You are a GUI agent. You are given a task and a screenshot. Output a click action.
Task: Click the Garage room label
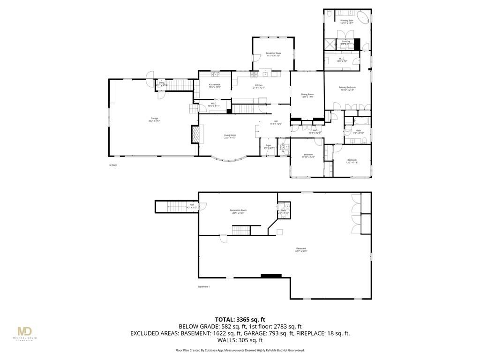coord(154,120)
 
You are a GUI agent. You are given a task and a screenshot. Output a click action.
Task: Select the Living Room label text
coord(230,136)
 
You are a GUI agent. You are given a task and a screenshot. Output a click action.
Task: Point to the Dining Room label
coord(307,96)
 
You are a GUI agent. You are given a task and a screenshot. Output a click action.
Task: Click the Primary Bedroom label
coord(348,89)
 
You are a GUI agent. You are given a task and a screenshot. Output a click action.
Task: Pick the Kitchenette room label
coord(214,86)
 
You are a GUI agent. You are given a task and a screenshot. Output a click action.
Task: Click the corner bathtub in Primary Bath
coord(362,19)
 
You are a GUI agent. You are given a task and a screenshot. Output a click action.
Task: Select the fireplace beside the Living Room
coord(195,135)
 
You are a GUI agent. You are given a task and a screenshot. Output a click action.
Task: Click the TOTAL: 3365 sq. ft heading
coord(240,318)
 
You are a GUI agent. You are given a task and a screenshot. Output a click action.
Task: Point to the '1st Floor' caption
coord(112,165)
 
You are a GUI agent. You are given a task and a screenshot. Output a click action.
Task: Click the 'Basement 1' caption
coord(203,286)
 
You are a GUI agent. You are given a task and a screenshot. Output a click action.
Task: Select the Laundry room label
coord(346,43)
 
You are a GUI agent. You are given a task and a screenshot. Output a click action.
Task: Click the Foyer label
coord(269,147)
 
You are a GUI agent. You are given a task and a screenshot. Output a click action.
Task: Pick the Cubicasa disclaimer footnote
coord(240,350)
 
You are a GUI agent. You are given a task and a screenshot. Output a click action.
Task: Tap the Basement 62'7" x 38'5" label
coord(301,250)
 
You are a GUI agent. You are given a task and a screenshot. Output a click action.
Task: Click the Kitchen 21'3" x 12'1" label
coord(259,86)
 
